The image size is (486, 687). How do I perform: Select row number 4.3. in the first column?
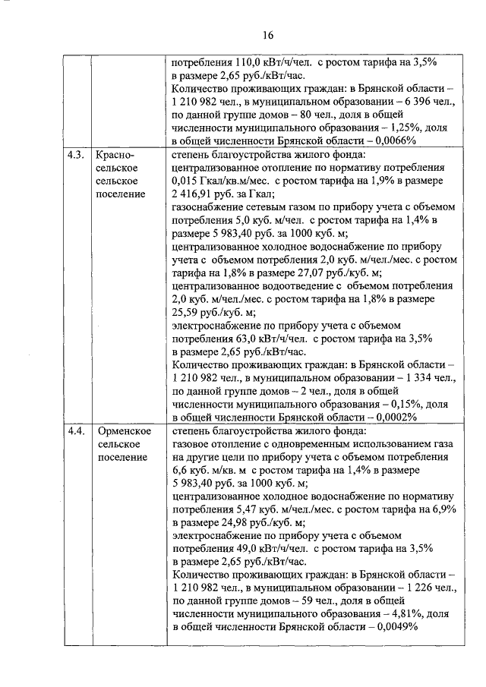coord(74,155)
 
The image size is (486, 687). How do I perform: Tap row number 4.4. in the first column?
coord(74,431)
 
